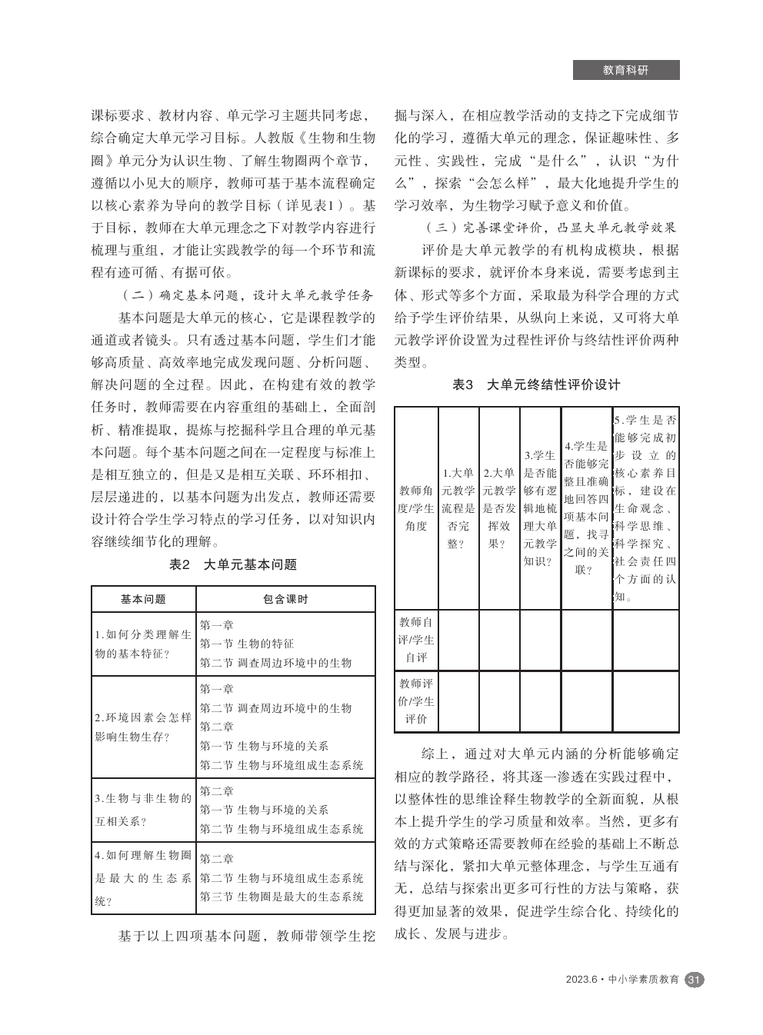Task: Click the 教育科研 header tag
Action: pos(625,70)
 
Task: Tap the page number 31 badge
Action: pos(694,980)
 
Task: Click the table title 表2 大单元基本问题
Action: pos(233,564)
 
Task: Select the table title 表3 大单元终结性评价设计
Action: pos(536,385)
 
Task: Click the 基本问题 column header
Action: pos(143,599)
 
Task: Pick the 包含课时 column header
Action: pos(285,599)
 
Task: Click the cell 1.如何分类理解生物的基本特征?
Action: pos(143,644)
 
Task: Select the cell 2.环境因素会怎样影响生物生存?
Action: pos(143,727)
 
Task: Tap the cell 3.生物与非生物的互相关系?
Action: pos(143,810)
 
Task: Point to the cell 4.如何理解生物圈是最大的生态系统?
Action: pos(143,877)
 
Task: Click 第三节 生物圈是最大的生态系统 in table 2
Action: pos(282,897)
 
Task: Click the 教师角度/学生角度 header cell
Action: pos(416,508)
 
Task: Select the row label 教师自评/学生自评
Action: pos(416,640)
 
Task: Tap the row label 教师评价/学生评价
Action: pos(416,701)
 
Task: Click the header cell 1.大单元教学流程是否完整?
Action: pos(458,508)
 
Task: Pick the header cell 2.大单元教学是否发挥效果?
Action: pos(499,508)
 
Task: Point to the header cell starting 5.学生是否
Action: pos(645,508)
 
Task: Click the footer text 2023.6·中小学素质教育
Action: pos(622,980)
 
